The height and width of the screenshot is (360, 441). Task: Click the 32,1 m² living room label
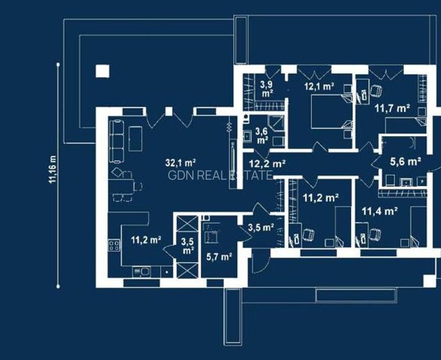[180, 162]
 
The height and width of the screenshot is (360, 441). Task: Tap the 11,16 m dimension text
[52, 169]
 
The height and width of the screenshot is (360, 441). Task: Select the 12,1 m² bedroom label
[319, 86]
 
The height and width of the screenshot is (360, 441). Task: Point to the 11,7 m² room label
[392, 108]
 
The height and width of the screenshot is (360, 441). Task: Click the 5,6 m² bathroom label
[406, 161]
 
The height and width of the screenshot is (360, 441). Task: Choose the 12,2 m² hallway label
[267, 164]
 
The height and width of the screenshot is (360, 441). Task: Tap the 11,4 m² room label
[380, 211]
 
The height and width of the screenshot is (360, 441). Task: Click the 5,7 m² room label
[219, 256]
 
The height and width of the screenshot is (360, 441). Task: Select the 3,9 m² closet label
[267, 89]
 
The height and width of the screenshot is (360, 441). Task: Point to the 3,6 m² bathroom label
[261, 136]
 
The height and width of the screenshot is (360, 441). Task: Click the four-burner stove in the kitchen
[114, 245]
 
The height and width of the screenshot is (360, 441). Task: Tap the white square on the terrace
[102, 71]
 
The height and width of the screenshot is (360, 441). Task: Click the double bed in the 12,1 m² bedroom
[331, 111]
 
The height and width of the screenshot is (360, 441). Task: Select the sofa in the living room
[116, 141]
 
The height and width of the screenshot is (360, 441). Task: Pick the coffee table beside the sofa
[135, 139]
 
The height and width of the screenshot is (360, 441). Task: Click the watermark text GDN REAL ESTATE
[220, 175]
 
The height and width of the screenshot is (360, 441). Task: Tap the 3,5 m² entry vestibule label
[261, 228]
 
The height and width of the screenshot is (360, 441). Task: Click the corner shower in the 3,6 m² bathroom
[275, 123]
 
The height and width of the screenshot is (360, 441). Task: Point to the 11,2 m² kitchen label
[146, 240]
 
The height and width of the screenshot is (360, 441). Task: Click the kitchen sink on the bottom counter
[142, 272]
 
